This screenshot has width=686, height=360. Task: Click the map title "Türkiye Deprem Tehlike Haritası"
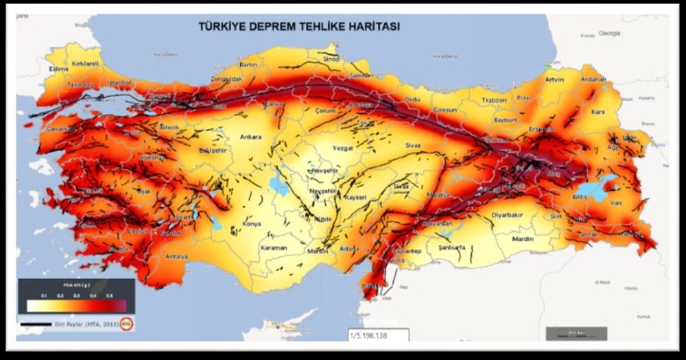pos(299,27)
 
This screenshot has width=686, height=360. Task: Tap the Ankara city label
pos(250,137)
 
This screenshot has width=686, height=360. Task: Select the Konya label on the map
pos(252,224)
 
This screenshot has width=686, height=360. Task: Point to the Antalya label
pos(176,256)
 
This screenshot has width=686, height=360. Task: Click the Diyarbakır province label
pos(508,215)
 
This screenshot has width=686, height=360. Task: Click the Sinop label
pos(331,60)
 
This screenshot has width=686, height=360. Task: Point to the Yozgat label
pos(341,148)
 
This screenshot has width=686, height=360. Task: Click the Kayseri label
pos(356,197)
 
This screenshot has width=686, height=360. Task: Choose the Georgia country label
pos(608,32)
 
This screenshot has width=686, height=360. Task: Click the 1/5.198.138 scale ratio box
pos(378,335)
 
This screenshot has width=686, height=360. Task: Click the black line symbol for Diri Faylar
pos(36,324)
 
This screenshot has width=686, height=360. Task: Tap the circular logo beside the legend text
pos(127,324)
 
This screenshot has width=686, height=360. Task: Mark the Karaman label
pos(274,248)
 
